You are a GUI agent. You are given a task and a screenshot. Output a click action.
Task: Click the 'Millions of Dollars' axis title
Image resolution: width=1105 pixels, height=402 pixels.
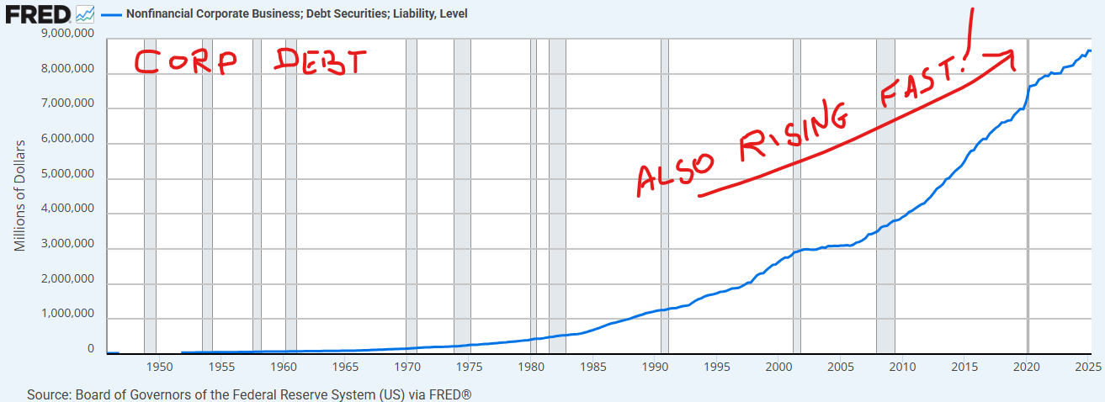click(20, 195)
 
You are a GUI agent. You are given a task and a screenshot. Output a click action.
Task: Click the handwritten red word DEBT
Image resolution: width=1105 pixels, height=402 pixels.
click(321, 61)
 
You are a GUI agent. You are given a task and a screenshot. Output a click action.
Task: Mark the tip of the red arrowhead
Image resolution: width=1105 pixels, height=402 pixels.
click(1013, 54)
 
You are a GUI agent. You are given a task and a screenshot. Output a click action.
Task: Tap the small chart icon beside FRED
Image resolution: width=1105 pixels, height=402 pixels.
click(85, 13)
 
